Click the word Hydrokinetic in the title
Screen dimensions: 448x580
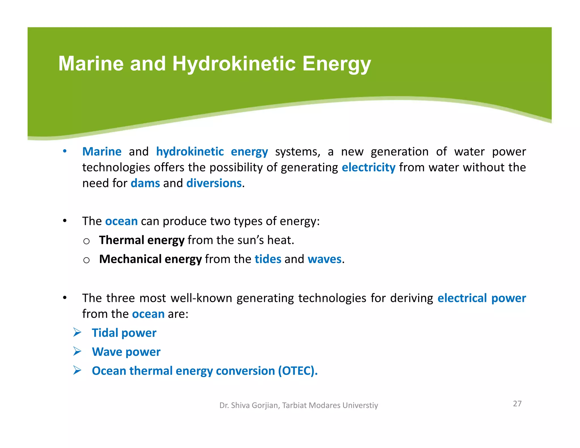234,63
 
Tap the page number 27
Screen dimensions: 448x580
517,404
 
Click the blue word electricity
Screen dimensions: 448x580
368,167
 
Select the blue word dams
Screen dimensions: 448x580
145,183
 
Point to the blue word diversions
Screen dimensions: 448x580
214,183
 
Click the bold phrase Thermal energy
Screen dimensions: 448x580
142,240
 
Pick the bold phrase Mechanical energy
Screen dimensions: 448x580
150,259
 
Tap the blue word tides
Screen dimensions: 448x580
268,259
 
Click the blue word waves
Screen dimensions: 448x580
325,259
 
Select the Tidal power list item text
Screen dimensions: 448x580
124,333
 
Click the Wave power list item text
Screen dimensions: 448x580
126,352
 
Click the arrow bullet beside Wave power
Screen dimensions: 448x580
77,351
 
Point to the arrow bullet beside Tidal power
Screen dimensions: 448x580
77,332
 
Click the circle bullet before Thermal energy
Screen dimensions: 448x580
86,241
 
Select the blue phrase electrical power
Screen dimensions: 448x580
481,298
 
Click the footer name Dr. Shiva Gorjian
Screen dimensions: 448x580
249,405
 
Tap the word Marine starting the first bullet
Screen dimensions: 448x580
102,152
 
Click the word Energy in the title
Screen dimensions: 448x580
336,63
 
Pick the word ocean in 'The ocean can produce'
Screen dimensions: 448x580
121,221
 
